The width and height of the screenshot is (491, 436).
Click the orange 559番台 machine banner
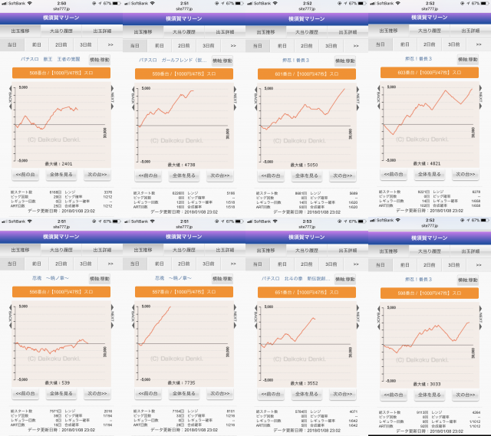click(x=184, y=74)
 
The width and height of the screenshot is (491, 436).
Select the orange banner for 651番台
click(x=307, y=291)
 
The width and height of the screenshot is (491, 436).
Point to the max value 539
click(x=61, y=382)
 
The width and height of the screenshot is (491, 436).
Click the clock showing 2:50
click(x=61, y=3)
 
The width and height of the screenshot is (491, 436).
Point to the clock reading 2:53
click(x=307, y=221)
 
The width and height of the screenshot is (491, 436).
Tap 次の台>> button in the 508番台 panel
click(x=100, y=175)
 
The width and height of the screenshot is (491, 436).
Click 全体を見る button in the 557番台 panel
click(x=184, y=392)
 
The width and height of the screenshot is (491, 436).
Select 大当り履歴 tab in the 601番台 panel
click(x=307, y=31)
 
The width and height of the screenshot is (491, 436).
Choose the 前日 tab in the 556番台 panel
click(x=37, y=263)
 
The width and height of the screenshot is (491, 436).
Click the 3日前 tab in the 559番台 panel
click(x=209, y=45)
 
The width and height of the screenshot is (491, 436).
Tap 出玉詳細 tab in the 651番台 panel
click(x=348, y=249)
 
